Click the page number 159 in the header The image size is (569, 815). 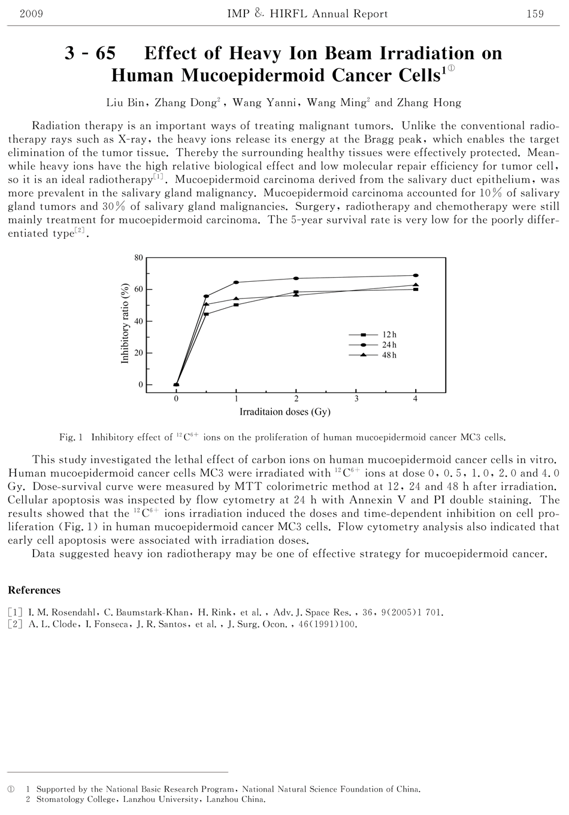point(534,14)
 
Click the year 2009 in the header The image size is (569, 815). point(32,14)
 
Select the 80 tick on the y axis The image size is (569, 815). point(138,258)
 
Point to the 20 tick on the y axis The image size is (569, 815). point(138,353)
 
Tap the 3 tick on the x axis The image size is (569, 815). point(356,399)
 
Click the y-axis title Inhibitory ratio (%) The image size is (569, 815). point(125,323)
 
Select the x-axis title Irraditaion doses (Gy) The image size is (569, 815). point(285,412)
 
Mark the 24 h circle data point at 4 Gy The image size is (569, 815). point(416,275)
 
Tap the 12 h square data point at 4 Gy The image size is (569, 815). point(416,289)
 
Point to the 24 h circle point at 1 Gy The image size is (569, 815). point(236,282)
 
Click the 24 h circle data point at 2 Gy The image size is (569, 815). point(296,278)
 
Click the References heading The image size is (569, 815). point(34,590)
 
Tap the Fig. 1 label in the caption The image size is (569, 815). point(71,437)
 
